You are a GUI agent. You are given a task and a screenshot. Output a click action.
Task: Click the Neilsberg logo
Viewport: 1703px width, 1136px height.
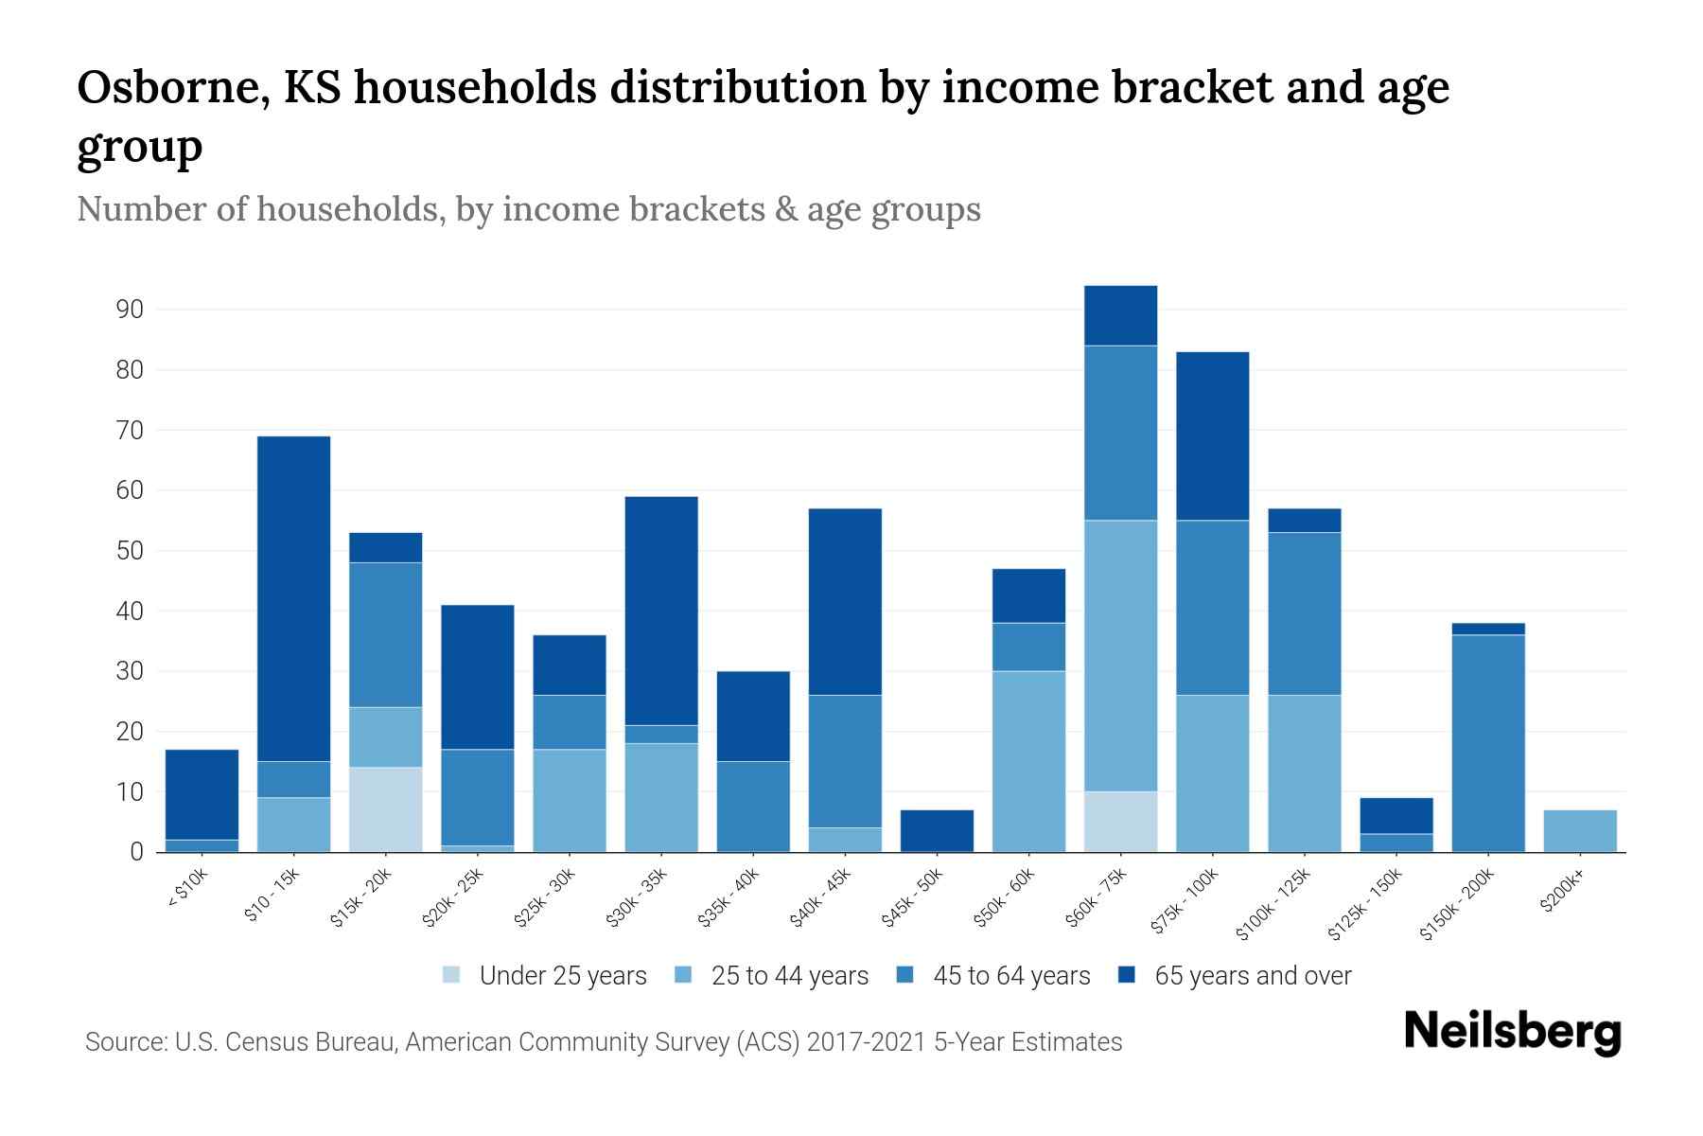click(x=1513, y=1032)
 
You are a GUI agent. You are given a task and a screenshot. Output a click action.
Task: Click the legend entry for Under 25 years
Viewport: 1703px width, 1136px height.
click(x=562, y=976)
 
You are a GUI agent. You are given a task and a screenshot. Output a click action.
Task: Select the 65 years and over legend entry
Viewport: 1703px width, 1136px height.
click(x=1252, y=976)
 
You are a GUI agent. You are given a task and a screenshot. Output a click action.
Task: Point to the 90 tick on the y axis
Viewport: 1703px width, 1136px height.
click(x=130, y=310)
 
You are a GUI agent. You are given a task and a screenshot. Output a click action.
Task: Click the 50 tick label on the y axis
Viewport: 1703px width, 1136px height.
click(x=130, y=551)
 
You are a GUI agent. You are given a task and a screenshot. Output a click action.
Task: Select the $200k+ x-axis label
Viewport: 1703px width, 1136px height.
click(x=1561, y=895)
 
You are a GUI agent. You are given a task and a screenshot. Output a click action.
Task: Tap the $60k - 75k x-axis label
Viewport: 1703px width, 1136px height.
click(x=1097, y=898)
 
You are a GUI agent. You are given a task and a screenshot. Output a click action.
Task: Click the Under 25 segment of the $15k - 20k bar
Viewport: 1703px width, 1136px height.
click(x=385, y=809)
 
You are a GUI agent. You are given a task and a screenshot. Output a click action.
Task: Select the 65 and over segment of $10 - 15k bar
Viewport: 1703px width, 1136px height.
click(x=293, y=598)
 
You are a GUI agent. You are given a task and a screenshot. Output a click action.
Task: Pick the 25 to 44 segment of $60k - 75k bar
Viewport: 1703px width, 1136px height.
click(x=1120, y=655)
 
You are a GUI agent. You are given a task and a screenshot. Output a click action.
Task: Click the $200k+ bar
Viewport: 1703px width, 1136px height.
click(x=1579, y=831)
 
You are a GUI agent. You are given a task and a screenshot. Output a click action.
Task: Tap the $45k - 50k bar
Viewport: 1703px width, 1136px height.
click(x=937, y=830)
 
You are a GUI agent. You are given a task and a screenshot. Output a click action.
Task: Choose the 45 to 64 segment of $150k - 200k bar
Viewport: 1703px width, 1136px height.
click(x=1487, y=743)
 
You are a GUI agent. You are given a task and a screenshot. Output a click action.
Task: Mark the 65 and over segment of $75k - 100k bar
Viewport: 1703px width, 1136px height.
click(x=1212, y=435)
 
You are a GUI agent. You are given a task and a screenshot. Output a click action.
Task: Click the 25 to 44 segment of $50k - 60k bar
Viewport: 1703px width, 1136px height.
click(x=1028, y=761)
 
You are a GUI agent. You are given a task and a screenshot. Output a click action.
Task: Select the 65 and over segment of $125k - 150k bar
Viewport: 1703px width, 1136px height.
click(x=1396, y=815)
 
